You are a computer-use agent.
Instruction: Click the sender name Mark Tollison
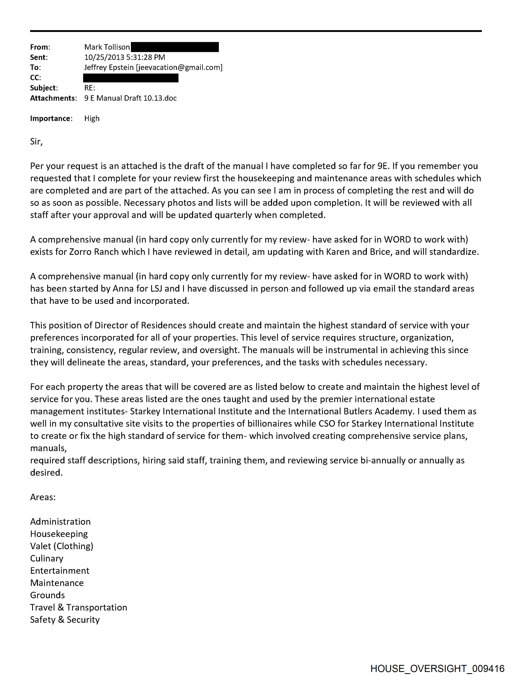(x=107, y=47)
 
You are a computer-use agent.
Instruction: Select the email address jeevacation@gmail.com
(x=179, y=67)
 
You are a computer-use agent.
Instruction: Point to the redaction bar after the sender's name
(x=175, y=47)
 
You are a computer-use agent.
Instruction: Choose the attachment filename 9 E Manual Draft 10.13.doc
(x=130, y=98)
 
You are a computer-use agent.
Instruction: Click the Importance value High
(x=92, y=118)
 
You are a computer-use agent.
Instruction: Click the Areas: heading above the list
(x=43, y=497)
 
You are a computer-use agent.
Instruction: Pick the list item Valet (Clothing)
(x=61, y=546)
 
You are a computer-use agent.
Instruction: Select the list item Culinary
(x=47, y=558)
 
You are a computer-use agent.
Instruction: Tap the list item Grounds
(x=47, y=595)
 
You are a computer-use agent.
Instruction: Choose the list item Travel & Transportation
(x=79, y=607)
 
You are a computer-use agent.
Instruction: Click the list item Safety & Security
(x=65, y=620)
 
